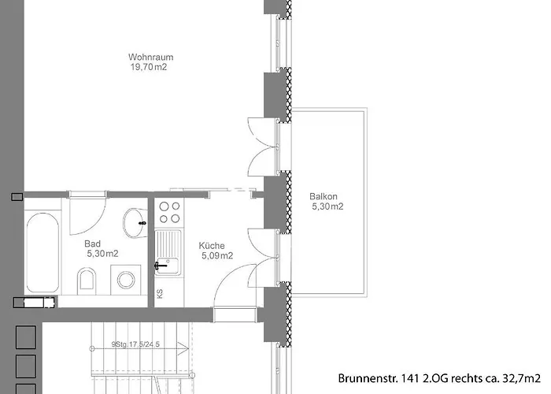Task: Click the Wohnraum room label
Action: (x=150, y=58)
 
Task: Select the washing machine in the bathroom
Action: (x=125, y=278)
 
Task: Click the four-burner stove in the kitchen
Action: (x=168, y=213)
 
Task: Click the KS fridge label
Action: (x=160, y=294)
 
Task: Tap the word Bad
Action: (x=93, y=243)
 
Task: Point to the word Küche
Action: (x=212, y=245)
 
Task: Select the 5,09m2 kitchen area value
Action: (x=216, y=255)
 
